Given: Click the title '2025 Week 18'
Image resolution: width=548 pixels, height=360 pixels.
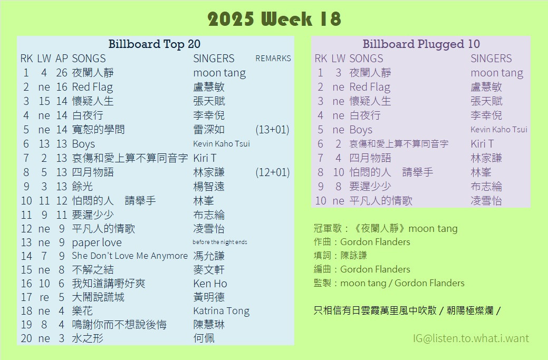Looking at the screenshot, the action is (274, 19).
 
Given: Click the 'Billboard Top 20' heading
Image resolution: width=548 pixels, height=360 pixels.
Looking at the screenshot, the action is (154, 44).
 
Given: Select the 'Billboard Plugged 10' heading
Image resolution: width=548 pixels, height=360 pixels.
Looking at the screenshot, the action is (421, 44).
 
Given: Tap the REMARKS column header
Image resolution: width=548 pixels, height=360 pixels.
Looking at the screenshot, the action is (273, 59).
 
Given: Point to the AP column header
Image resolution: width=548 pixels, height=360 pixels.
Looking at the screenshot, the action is (62, 59).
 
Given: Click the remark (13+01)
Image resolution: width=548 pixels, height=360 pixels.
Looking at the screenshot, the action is (272, 130).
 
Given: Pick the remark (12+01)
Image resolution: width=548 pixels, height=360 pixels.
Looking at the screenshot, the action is (272, 172).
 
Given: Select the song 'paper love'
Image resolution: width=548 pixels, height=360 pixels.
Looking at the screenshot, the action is (97, 242).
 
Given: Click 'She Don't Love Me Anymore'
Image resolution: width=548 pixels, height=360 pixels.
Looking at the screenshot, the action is (130, 256).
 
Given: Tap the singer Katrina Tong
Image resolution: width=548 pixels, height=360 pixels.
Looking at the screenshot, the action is (221, 311).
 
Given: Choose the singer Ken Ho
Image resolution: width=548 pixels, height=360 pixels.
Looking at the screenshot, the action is (210, 284).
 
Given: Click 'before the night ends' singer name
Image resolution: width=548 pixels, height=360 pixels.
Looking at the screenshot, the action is (220, 242).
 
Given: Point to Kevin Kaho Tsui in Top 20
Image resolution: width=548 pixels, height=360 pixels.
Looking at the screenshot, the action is (222, 143).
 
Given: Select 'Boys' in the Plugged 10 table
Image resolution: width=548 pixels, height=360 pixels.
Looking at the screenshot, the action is (361, 130).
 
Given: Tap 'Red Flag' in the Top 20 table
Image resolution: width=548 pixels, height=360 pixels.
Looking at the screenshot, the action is (92, 87).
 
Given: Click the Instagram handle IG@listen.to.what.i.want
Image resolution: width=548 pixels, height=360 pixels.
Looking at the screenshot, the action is (471, 338).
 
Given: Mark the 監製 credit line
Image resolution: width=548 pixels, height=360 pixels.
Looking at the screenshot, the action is (389, 283).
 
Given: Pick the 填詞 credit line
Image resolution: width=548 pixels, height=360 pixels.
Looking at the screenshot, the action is (340, 256).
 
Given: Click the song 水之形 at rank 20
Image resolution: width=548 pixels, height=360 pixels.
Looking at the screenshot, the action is (88, 338).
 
